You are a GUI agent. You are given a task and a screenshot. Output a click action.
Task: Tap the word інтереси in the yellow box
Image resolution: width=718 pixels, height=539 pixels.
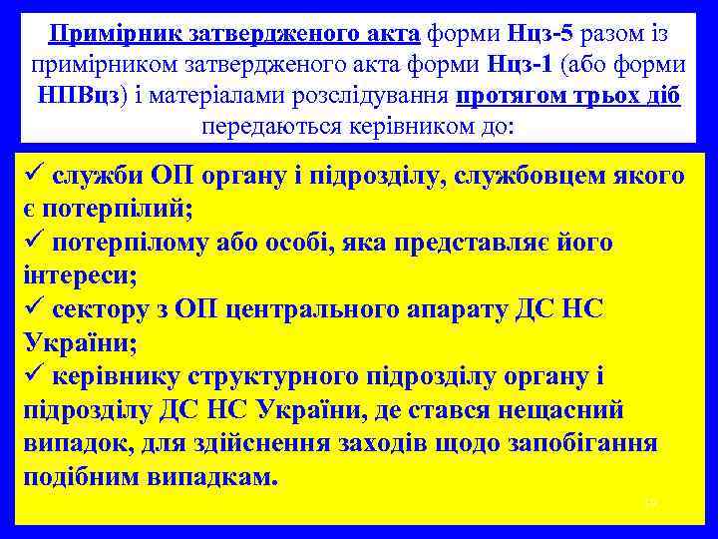click(75, 276)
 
